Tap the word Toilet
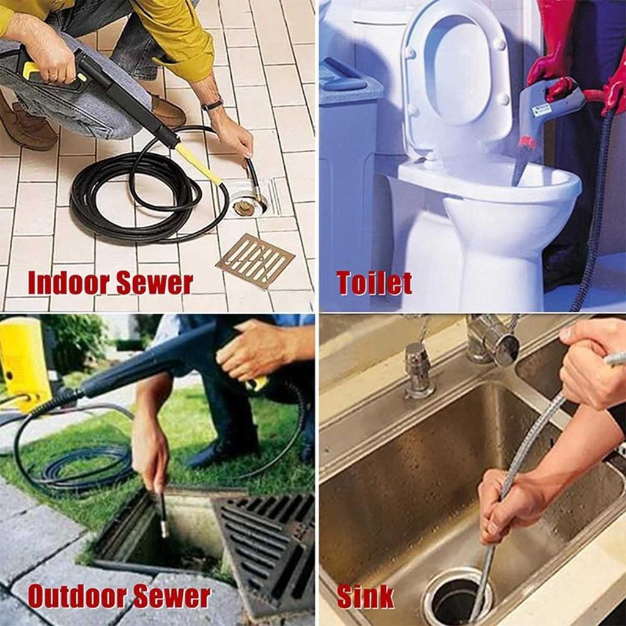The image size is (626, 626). tap(374, 283)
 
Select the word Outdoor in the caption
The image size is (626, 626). tap(76, 596)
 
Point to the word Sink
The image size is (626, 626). tap(366, 597)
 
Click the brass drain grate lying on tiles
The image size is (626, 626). tap(256, 260)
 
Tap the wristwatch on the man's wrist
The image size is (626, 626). tap(212, 105)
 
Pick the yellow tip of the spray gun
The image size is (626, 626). tap(199, 164)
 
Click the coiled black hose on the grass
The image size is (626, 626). tap(80, 463)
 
